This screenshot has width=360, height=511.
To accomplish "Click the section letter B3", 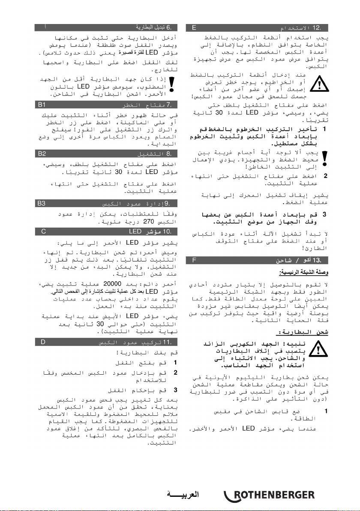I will click(x=42, y=202).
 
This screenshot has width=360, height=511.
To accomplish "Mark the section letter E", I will click(x=194, y=28).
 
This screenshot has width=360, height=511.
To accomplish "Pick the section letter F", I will click(x=194, y=260).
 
